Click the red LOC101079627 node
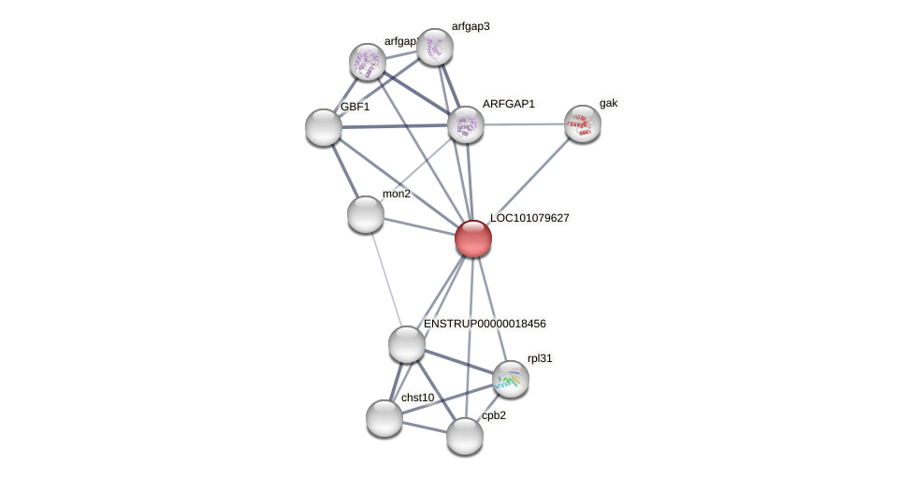[x=473, y=239]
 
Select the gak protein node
[x=583, y=123]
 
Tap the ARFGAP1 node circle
[x=466, y=124]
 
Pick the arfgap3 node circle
[x=435, y=47]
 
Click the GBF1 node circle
[x=324, y=127]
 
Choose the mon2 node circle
[x=366, y=214]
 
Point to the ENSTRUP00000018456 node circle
[x=407, y=344]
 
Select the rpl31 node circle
[x=511, y=379]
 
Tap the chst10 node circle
[x=384, y=418]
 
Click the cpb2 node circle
[x=465, y=436]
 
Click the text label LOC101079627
[x=529, y=218]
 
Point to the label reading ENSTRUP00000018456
[x=485, y=324]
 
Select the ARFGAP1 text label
[x=509, y=104]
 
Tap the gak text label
[x=609, y=103]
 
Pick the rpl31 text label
[x=540, y=358]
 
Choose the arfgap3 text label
[x=471, y=26]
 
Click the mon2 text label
[x=397, y=194]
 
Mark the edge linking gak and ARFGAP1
[x=524, y=124]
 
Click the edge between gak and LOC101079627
[x=529, y=181]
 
